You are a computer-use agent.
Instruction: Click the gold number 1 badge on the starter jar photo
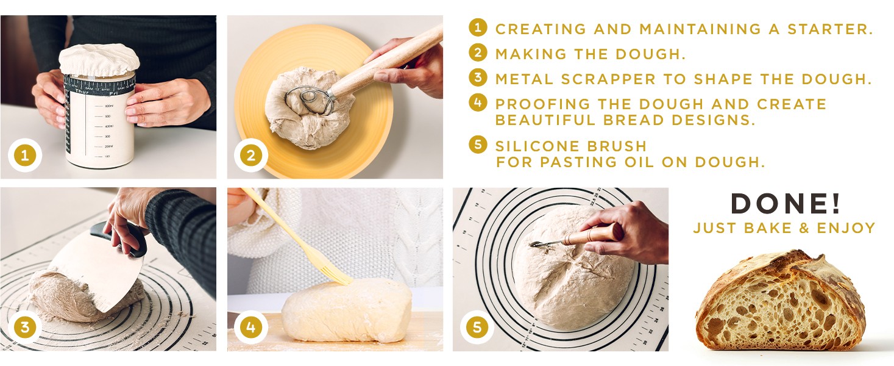pyautogui.click(x=25, y=155)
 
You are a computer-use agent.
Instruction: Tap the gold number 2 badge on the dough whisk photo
pyautogui.click(x=251, y=155)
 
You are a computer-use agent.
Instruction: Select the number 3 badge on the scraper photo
pyautogui.click(x=25, y=327)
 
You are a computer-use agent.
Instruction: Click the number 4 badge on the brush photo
pyautogui.click(x=251, y=327)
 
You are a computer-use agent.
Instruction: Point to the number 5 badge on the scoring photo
pyautogui.click(x=477, y=327)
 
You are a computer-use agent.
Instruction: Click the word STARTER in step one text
pyautogui.click(x=830, y=29)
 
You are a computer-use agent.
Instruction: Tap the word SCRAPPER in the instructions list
pyautogui.click(x=608, y=79)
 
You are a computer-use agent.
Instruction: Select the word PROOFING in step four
pyautogui.click(x=542, y=104)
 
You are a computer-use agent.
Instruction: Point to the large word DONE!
pyautogui.click(x=786, y=204)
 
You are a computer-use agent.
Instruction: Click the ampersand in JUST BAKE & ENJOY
pyautogui.click(x=804, y=228)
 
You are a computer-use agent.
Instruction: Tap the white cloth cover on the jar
pyautogui.click(x=99, y=59)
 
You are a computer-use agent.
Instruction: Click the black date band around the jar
pyautogui.click(x=100, y=84)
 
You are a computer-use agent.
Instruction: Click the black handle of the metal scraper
pyautogui.click(x=119, y=239)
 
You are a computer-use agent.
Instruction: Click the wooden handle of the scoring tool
pyautogui.click(x=594, y=234)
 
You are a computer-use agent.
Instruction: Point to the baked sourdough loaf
pyautogui.click(x=781, y=300)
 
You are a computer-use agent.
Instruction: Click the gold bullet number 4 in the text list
pyautogui.click(x=478, y=102)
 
